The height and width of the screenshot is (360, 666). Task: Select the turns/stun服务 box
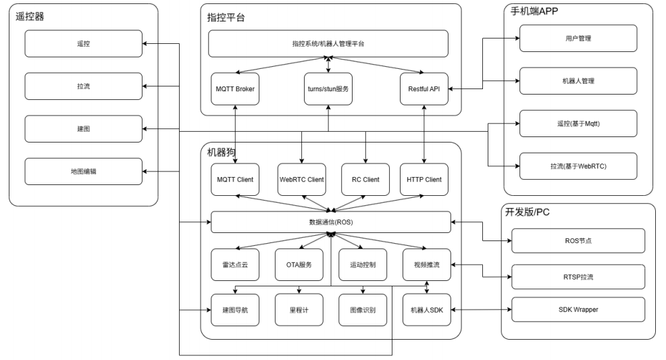point(328,88)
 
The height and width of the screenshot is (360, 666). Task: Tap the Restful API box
point(424,88)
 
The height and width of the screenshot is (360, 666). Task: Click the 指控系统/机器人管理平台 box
point(328,44)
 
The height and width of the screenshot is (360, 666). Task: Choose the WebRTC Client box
point(301,180)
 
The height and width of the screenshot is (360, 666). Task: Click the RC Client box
point(365,180)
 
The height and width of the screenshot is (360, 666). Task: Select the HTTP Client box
point(424,180)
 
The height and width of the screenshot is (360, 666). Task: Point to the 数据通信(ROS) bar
point(330,222)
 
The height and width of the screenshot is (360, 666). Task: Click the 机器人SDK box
point(426,310)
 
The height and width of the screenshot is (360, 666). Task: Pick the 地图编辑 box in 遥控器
point(84,172)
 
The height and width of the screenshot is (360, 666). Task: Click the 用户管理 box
point(578,38)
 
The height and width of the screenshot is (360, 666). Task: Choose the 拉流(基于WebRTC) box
point(578,165)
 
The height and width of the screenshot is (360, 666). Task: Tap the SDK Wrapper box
point(578,310)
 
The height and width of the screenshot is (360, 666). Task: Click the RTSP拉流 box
point(578,276)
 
